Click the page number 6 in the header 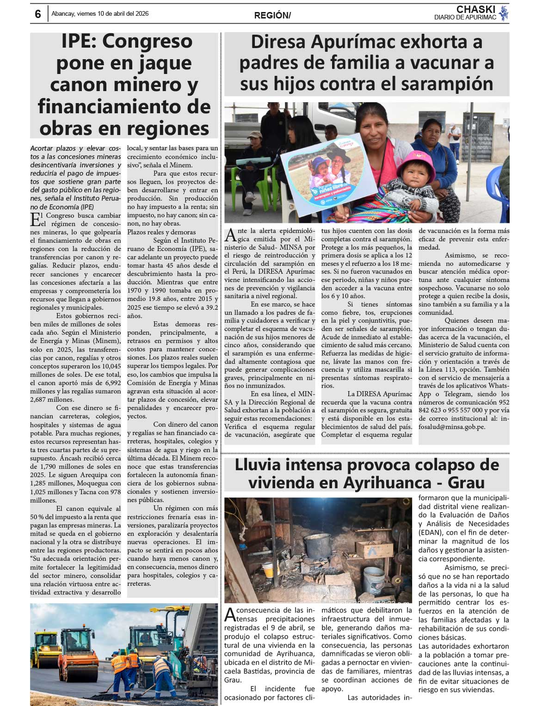38,14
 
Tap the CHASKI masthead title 475,9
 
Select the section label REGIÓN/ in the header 272,16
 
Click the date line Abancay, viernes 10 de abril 100,14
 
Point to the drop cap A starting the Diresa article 230,235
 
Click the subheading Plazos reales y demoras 161,232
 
